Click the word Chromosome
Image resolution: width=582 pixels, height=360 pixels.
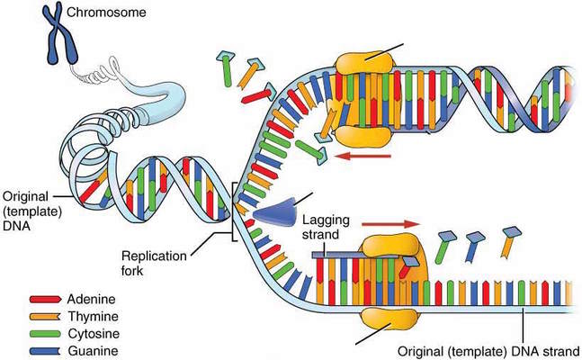point(106,13)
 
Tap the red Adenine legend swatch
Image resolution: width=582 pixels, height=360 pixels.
point(45,299)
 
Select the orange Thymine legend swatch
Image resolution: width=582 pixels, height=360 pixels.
point(45,317)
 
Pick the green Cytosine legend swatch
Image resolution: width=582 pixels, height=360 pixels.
point(45,334)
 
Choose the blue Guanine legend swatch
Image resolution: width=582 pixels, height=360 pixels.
point(45,351)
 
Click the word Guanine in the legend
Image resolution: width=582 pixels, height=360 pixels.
point(94,351)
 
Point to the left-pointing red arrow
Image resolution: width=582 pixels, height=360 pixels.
point(362,156)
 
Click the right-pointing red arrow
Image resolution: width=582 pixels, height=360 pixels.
point(391,224)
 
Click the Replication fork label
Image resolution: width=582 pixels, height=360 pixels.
point(154,263)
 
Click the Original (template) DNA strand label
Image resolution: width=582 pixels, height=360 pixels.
point(488,351)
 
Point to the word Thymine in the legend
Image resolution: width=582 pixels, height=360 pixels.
point(94,317)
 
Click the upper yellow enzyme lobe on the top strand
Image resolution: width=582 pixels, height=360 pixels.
point(363,63)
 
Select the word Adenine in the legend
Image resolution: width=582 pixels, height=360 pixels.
point(92,299)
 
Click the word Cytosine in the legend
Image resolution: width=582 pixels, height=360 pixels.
point(94,334)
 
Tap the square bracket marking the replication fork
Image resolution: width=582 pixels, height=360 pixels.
point(233,211)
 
